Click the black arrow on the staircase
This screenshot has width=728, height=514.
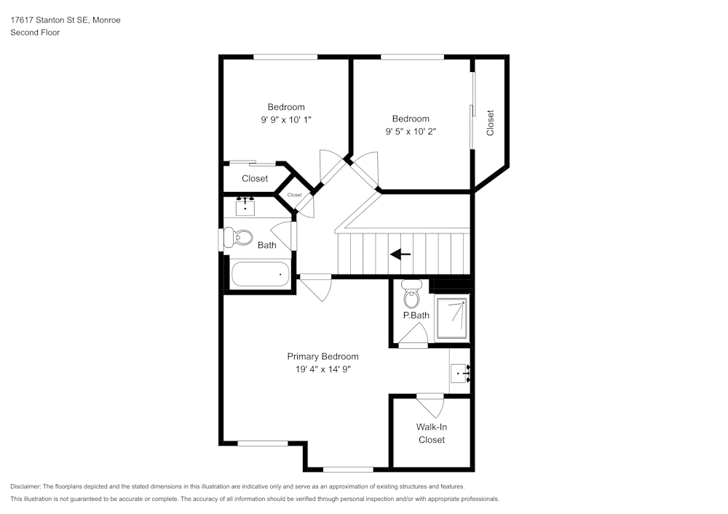point(400,254)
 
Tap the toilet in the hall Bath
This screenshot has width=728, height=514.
point(238,237)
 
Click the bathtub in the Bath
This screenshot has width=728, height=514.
point(260,275)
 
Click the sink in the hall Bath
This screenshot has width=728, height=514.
point(246,206)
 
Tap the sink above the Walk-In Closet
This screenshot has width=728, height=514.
point(460,374)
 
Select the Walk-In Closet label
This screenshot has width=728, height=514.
point(431,433)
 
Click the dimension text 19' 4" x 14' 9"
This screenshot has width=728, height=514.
point(323,369)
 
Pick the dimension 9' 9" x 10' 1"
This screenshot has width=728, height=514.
point(286,120)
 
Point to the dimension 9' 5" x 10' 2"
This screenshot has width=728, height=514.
point(411,132)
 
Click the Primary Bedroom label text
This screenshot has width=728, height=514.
point(323,356)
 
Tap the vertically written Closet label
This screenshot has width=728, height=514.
point(490,122)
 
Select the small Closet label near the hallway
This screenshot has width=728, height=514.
point(294,195)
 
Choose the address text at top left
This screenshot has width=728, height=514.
point(66,20)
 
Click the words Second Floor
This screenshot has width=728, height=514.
point(35,33)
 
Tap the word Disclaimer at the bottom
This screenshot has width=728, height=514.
point(25,486)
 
